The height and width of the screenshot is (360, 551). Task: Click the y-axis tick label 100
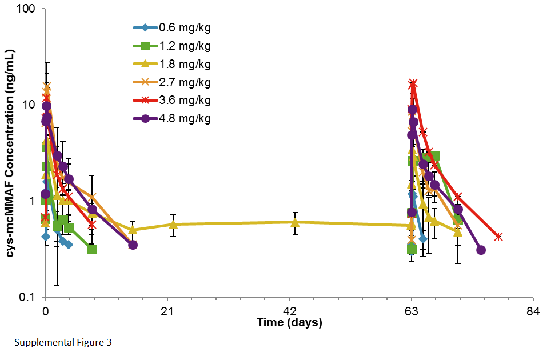pos(27,10)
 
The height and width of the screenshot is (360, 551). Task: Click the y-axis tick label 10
pos(30,105)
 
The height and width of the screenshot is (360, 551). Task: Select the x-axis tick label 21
pos(167,311)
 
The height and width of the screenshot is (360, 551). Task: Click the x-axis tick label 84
pos(533,311)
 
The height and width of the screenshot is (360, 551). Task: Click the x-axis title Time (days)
pos(289,323)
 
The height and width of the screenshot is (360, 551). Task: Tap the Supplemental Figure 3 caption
pos(63,343)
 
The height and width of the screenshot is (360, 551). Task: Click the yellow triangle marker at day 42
pos(295,222)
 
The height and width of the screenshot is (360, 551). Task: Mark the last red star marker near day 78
pos(498,237)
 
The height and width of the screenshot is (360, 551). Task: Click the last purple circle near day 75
pos(481,250)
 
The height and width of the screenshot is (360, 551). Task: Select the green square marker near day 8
pos(92,249)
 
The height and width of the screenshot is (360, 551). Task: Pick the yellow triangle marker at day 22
pos(173,225)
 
